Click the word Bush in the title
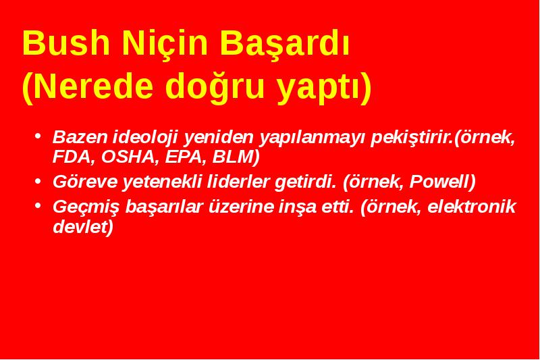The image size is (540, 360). click(x=66, y=43)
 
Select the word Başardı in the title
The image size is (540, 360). click(x=285, y=45)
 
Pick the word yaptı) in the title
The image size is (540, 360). click(x=325, y=88)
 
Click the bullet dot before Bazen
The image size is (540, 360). click(x=38, y=135)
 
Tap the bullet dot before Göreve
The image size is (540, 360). click(x=38, y=180)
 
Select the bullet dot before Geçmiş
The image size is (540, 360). click(x=38, y=205)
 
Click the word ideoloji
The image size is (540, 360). click(x=145, y=138)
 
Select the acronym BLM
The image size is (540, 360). click(x=233, y=157)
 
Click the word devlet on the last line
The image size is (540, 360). click(x=80, y=226)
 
